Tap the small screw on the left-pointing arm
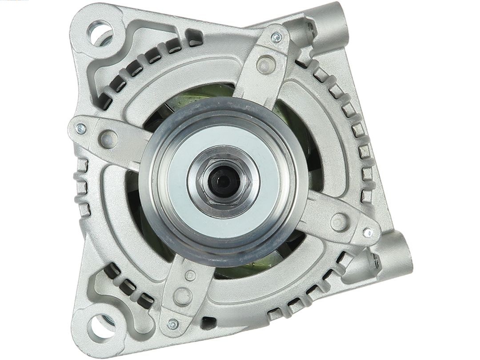coord(81,129)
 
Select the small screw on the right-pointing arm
coord(367,232)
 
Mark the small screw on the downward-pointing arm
coord(172,324)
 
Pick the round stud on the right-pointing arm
coord(339,221)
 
